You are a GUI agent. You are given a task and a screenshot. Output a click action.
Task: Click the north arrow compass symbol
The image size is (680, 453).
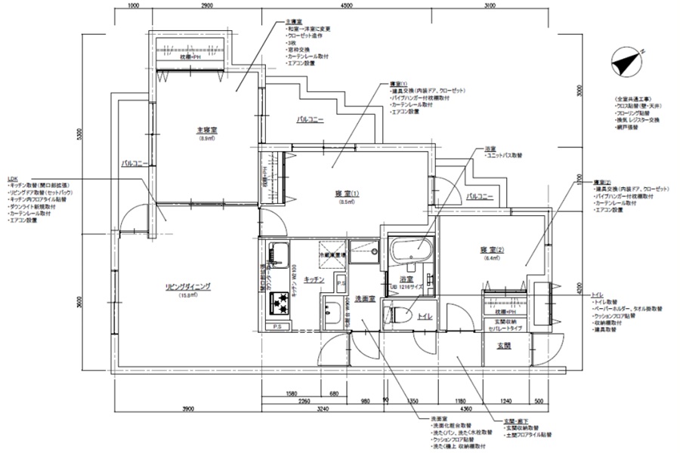tap(625, 61)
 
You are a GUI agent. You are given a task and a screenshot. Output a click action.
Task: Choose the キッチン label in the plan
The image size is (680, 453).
tap(314, 279)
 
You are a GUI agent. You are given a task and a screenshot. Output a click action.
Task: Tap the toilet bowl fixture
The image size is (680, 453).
tap(399, 315)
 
